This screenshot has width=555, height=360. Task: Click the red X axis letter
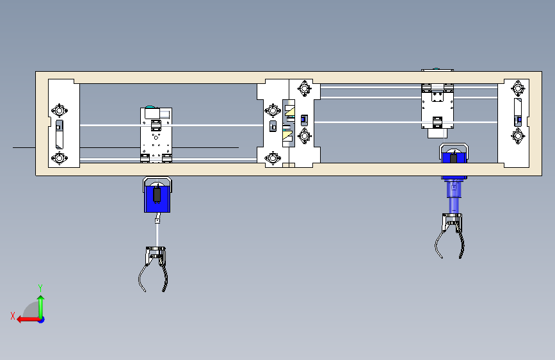13,316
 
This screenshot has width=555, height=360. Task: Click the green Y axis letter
40,288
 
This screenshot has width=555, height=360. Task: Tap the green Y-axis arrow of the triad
41,306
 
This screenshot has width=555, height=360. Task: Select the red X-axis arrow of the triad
29,320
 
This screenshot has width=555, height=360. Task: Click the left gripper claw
153,269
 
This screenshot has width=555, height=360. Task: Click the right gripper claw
450,236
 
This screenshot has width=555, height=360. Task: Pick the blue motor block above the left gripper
157,198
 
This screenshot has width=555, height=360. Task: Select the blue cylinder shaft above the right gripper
454,196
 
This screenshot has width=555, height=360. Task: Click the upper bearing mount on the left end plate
60,111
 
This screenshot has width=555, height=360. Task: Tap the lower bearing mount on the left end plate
60,158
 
